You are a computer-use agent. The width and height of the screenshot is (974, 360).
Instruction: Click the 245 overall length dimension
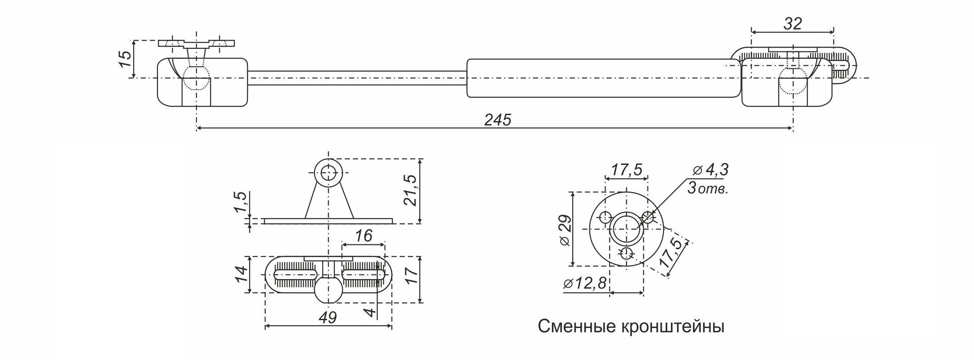[497, 120]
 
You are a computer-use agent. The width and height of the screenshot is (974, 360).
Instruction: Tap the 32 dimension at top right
[792, 23]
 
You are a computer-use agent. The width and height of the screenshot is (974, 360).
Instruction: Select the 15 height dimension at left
[124, 58]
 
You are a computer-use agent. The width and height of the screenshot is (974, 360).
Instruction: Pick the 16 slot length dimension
[363, 236]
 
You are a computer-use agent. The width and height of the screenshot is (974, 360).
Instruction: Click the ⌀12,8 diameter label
[586, 283]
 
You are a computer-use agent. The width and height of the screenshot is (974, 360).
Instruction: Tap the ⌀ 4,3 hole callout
[710, 170]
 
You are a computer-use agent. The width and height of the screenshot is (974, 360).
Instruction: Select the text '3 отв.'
[707, 189]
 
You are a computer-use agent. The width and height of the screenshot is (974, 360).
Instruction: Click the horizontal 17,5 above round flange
[626, 169]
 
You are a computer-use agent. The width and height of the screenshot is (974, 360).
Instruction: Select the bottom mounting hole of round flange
[626, 254]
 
